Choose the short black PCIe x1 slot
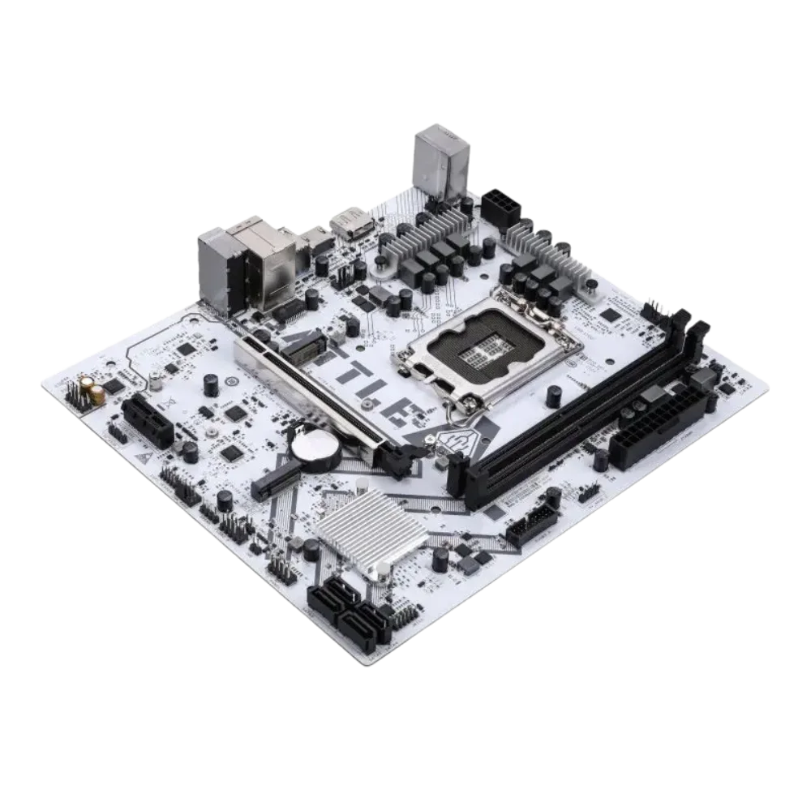click(x=147, y=423)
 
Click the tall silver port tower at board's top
click(x=440, y=162)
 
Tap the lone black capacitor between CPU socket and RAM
click(x=555, y=396)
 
